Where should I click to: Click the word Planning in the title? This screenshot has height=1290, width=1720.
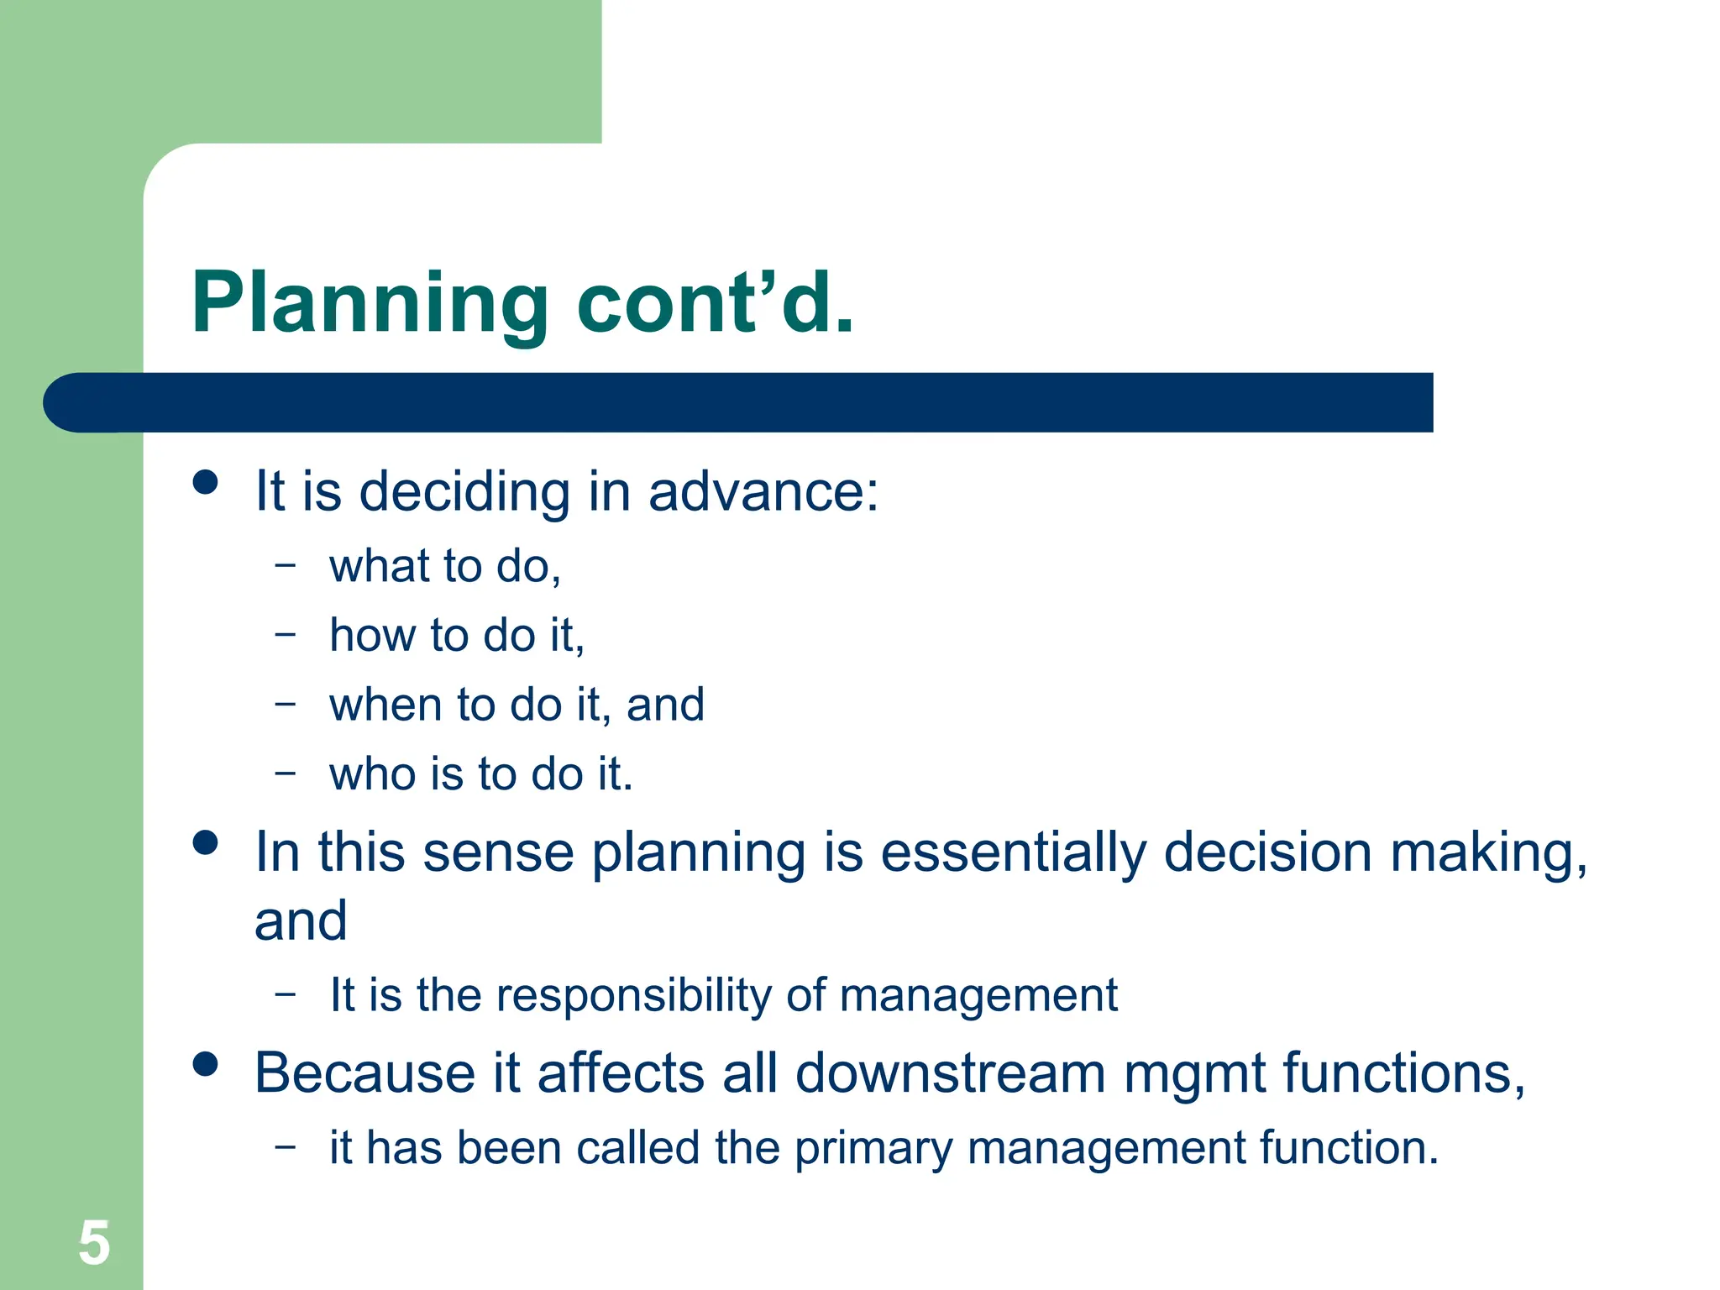(x=370, y=304)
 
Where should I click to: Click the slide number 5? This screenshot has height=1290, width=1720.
(x=94, y=1243)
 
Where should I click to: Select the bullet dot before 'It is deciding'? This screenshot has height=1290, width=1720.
(x=205, y=482)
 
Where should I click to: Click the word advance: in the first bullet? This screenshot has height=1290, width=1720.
(x=763, y=491)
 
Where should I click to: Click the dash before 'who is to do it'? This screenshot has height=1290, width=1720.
(x=286, y=772)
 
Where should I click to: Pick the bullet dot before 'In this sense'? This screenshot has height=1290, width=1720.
(x=205, y=842)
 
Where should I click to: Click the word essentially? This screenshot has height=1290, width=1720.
(x=1013, y=853)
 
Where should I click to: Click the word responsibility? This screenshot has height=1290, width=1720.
(x=632, y=996)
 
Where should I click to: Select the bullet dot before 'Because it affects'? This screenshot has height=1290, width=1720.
(x=205, y=1064)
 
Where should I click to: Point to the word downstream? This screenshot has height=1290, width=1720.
(x=950, y=1074)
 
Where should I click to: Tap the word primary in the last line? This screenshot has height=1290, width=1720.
(x=873, y=1149)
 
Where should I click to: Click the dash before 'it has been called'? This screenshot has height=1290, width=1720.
(x=286, y=1146)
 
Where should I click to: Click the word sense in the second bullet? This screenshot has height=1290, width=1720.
(x=498, y=853)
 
